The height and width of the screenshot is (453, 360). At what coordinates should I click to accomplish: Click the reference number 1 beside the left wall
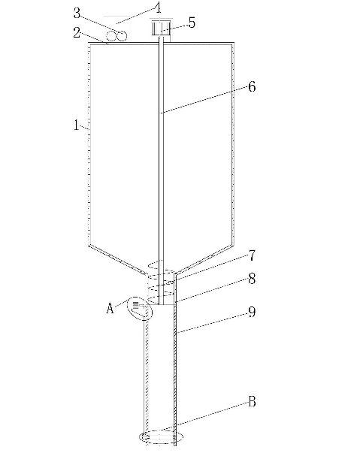(x=76, y=125)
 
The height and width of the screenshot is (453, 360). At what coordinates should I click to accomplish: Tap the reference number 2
(x=77, y=32)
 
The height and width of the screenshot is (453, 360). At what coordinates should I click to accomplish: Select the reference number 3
(x=77, y=13)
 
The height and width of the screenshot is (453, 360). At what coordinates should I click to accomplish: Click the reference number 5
(x=192, y=23)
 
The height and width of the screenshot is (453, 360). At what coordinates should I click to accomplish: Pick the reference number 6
(x=252, y=86)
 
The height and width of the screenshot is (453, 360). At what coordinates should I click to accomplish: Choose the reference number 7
(x=252, y=255)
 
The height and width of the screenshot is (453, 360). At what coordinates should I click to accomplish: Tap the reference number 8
(x=252, y=279)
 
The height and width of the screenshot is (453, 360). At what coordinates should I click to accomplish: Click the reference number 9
(x=252, y=312)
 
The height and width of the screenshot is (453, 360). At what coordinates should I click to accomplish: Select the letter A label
(x=110, y=308)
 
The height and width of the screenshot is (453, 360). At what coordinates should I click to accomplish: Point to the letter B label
(x=252, y=402)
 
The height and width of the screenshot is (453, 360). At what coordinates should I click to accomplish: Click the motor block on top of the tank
(x=162, y=28)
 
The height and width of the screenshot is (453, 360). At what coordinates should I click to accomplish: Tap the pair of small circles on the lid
(x=116, y=36)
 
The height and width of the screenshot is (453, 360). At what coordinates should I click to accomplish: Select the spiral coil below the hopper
(x=161, y=281)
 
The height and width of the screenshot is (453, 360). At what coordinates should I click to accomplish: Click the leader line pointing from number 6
(x=204, y=99)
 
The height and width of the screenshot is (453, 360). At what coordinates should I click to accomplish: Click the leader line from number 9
(x=212, y=323)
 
